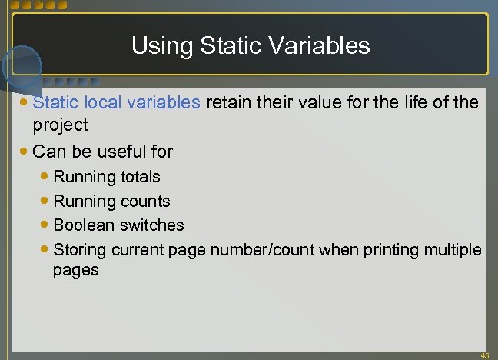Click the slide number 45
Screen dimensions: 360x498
tap(483, 355)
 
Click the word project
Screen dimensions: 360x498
tap(60, 125)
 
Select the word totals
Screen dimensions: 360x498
tap(140, 177)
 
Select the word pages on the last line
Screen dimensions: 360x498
tap(75, 270)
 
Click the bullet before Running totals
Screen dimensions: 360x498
tap(45, 177)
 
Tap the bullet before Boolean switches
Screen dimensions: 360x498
tap(45, 225)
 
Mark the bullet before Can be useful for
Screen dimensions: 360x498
tap(25, 152)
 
